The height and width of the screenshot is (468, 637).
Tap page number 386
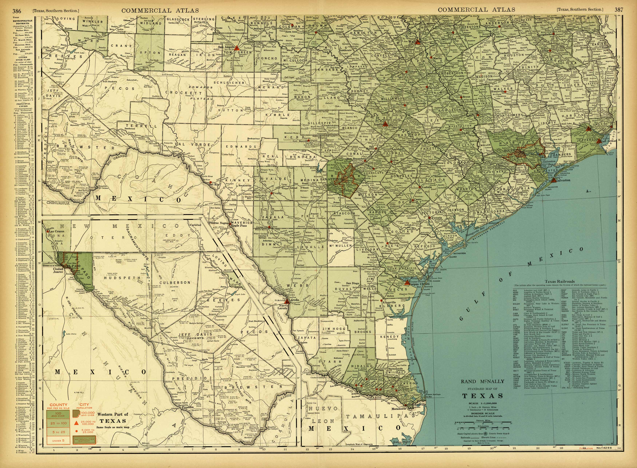[x=17, y=11]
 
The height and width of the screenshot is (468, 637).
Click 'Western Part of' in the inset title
[x=113, y=414]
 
